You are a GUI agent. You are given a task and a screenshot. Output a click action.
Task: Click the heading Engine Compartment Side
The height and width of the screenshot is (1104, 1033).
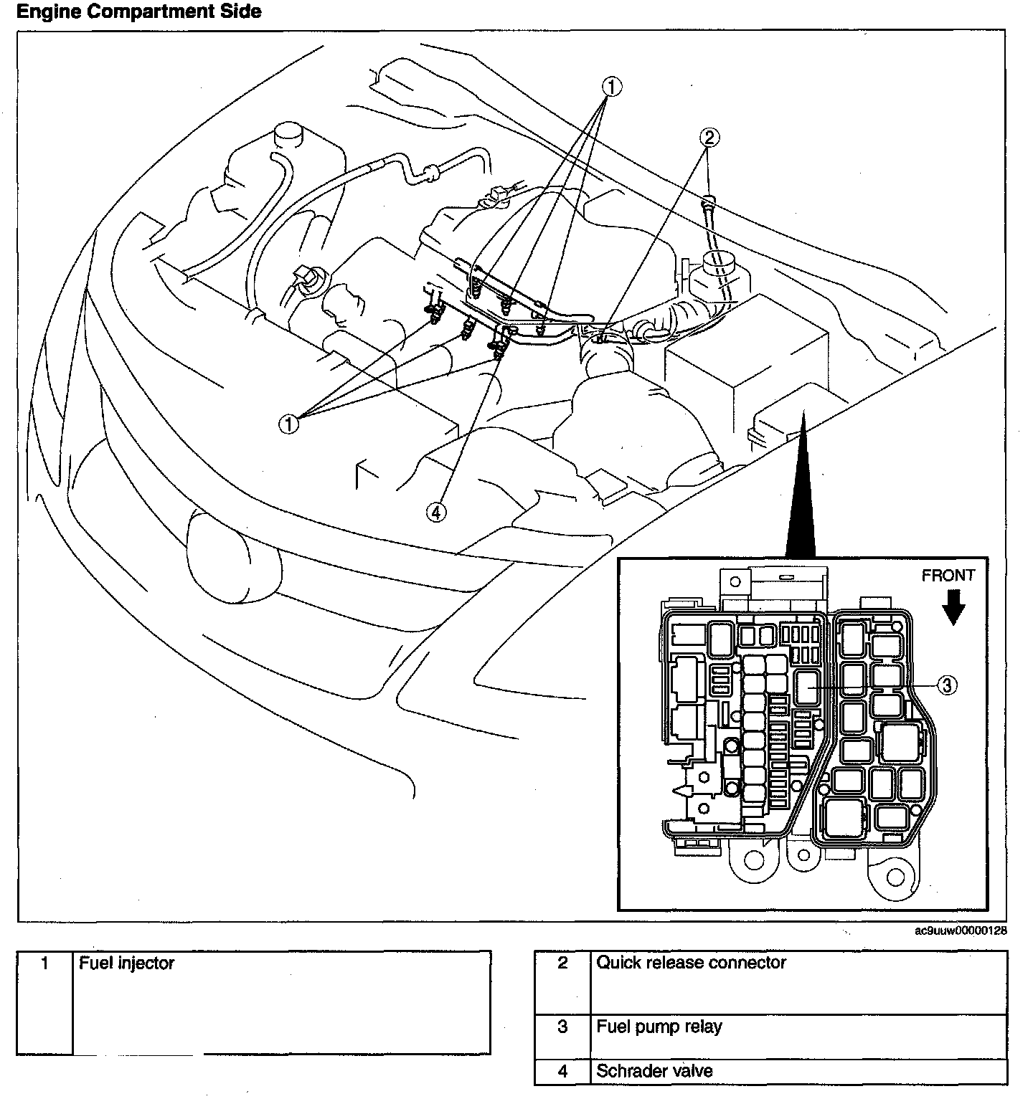pyautogui.click(x=139, y=11)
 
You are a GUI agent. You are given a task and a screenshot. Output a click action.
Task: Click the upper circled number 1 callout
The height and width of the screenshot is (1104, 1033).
pyautogui.click(x=611, y=87)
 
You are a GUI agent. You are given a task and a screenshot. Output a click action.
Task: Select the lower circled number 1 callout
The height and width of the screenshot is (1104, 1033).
pyautogui.click(x=288, y=424)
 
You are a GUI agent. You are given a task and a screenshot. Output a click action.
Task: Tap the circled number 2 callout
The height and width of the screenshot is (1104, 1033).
pyautogui.click(x=708, y=137)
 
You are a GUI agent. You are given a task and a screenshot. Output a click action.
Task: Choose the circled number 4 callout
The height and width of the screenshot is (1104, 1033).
pyautogui.click(x=436, y=511)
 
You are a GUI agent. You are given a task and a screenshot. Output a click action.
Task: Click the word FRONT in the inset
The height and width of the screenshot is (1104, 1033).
pyautogui.click(x=948, y=575)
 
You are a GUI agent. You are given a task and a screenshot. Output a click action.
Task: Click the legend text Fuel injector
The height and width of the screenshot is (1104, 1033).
pyautogui.click(x=126, y=963)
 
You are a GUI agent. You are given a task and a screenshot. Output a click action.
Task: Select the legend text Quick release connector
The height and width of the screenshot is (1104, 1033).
pyautogui.click(x=692, y=962)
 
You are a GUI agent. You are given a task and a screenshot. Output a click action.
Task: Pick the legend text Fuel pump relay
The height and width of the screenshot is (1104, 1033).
pyautogui.click(x=659, y=1027)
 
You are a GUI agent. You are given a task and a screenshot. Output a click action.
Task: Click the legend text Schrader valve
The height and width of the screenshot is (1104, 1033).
pyautogui.click(x=654, y=1071)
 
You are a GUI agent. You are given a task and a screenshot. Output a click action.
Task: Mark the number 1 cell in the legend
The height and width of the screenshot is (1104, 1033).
pyautogui.click(x=44, y=963)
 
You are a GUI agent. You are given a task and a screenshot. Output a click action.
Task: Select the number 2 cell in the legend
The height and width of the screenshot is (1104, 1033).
pyautogui.click(x=562, y=963)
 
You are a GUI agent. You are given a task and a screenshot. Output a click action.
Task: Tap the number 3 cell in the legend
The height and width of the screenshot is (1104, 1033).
pyautogui.click(x=562, y=1027)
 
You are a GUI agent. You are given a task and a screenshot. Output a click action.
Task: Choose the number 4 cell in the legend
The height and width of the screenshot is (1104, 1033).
pyautogui.click(x=562, y=1071)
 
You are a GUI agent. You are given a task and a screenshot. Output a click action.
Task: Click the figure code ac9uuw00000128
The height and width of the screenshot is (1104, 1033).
pyautogui.click(x=961, y=931)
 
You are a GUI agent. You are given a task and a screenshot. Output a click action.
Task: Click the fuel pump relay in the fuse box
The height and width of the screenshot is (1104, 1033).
pyautogui.click(x=808, y=686)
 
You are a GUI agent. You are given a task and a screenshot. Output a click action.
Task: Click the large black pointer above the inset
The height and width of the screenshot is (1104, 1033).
pyautogui.click(x=801, y=502)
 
